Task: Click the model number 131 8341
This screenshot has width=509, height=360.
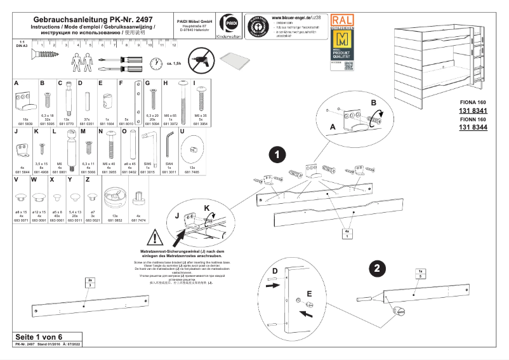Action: pos(473,111)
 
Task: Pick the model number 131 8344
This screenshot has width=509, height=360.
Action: pos(473,128)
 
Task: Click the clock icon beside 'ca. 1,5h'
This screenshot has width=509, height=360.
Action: pos(155,63)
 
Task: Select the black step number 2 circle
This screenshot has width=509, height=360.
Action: pos(376,268)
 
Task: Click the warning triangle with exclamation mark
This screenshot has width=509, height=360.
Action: pos(154,239)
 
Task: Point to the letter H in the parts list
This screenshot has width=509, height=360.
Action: pos(166,83)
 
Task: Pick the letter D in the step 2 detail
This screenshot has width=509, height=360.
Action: pos(274,271)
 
